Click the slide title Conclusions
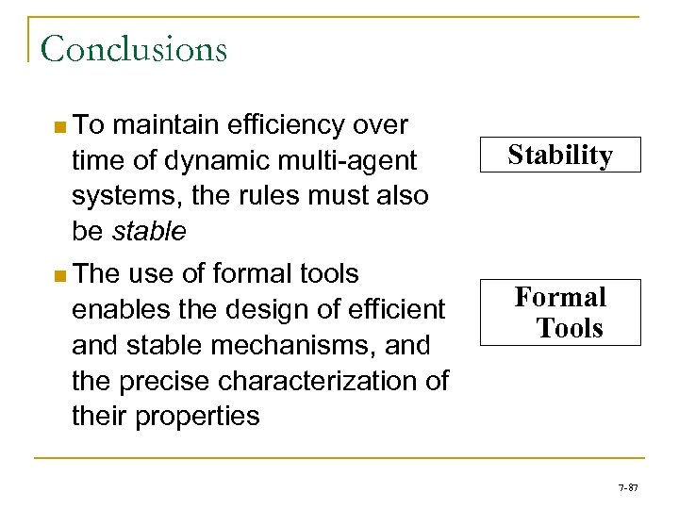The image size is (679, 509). [x=134, y=49]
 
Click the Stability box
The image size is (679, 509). [x=560, y=155]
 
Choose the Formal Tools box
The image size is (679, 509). [x=560, y=312]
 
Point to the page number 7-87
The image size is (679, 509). [x=627, y=487]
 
